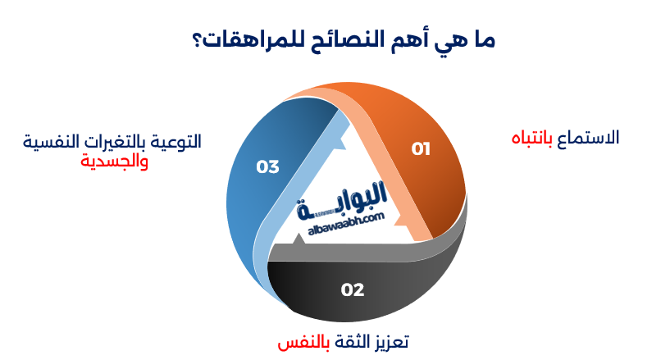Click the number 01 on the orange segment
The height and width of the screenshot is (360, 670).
(x=421, y=148)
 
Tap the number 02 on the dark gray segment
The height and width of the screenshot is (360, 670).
(x=353, y=289)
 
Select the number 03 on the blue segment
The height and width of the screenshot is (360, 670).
(x=268, y=166)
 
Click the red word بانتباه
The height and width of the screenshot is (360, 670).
(x=531, y=138)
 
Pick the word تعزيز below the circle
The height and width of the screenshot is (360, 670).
(x=389, y=341)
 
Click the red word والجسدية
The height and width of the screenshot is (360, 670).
(x=114, y=161)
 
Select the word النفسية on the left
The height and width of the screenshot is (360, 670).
(x=47, y=141)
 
